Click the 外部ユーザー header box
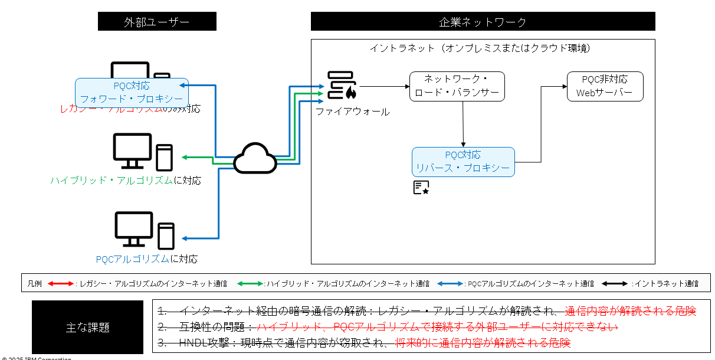point(157,22)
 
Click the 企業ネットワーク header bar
point(483,22)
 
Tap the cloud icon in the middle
point(255,158)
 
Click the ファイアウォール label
point(352,112)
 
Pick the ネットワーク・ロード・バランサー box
point(457,86)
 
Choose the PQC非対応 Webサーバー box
point(605,86)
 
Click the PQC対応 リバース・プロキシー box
point(463,162)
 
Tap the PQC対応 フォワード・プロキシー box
point(132,93)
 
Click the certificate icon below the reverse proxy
point(421,188)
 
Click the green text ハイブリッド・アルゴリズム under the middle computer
point(110,181)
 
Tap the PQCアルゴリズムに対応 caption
point(146,258)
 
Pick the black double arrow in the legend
point(615,284)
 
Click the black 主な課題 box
point(87,327)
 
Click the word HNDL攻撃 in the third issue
point(201,342)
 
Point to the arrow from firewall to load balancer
point(384,86)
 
